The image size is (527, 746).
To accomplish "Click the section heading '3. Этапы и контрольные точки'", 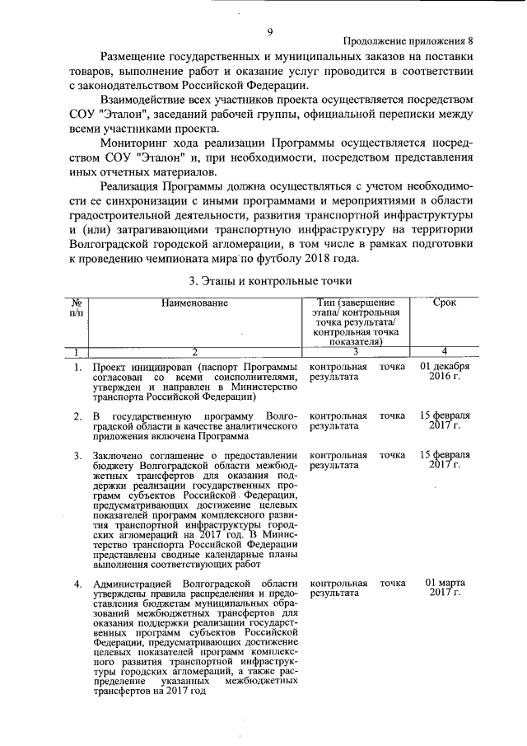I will [x=263, y=280].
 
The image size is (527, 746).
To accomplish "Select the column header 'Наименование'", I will [x=194, y=303].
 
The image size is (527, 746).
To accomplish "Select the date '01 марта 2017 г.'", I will [x=445, y=589].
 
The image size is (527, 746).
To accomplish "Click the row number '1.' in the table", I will [x=76, y=365].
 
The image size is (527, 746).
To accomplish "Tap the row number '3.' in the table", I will [x=76, y=456].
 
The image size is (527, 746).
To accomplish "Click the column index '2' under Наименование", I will [x=194, y=352].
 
